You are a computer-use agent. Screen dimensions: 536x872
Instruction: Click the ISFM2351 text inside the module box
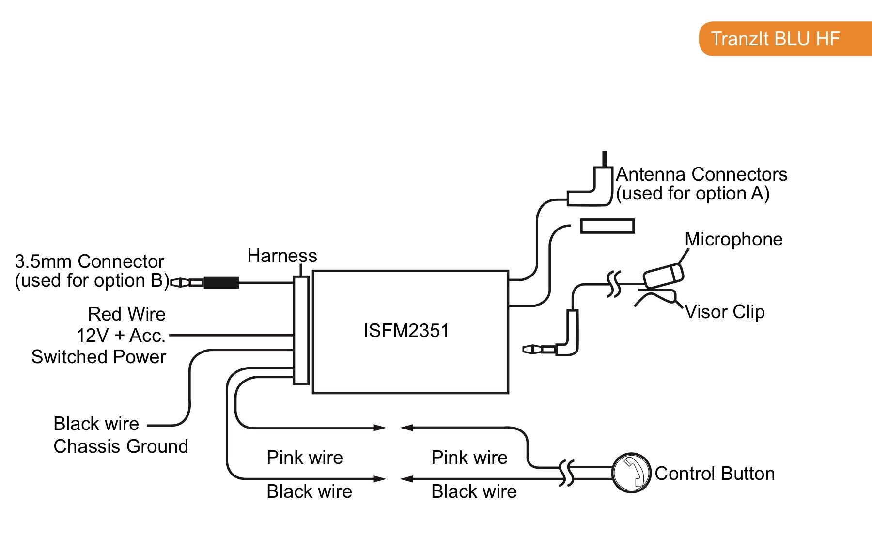pos(406,331)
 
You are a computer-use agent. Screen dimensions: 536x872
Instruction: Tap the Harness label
pos(282,256)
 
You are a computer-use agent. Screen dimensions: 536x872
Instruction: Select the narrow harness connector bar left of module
pos(301,330)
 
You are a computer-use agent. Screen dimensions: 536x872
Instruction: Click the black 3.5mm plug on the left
pos(221,282)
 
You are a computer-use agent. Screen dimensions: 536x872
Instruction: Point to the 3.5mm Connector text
pos(90,261)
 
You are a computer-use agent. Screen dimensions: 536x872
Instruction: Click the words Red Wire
pos(126,314)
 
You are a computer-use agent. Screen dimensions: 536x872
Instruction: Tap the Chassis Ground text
pos(121,446)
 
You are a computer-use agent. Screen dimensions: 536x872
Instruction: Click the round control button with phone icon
pos(631,473)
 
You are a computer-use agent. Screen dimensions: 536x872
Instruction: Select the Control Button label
pos(715,474)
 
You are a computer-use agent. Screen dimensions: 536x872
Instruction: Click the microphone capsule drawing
pos(663,275)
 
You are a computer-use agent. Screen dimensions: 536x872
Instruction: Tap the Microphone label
pos(733,239)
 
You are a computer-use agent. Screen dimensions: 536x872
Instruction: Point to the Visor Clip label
pos(725,312)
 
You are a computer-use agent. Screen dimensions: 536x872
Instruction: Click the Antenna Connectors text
pos(701,174)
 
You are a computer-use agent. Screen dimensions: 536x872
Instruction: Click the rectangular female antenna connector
pos(607,226)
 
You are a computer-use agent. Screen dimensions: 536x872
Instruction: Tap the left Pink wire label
pos(305,458)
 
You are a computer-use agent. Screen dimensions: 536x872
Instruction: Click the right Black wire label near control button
pos(474,491)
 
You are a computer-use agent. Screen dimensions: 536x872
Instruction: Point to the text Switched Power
pos(99,357)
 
